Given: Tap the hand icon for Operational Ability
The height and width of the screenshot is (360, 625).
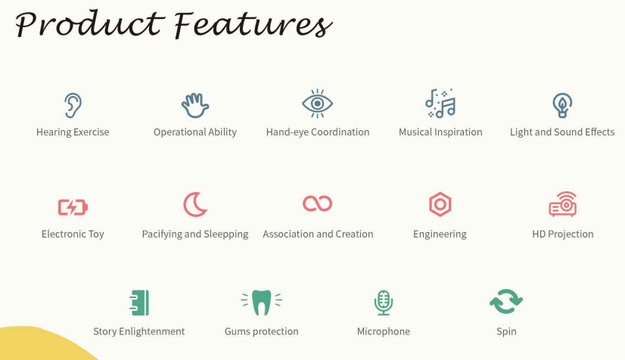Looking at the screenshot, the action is [195, 106].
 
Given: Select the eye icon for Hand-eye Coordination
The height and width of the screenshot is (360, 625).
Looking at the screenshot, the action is [317, 104].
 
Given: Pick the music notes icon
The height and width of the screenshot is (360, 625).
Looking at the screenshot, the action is [440, 103].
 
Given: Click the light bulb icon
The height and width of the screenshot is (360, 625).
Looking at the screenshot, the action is [562, 105].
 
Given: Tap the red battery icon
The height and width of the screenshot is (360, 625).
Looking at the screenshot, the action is [73, 207].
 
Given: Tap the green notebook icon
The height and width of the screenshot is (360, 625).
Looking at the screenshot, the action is [139, 303].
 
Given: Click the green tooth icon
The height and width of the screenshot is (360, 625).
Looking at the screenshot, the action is [262, 302].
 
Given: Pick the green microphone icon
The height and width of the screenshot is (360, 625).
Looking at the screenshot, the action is [384, 302].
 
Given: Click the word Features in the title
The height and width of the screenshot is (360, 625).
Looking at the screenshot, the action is [253, 25].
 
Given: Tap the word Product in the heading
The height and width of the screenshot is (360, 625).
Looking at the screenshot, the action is [90, 24].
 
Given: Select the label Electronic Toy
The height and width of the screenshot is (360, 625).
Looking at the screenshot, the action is [73, 234].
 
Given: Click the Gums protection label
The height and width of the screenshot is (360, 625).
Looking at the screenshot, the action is [262, 331].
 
